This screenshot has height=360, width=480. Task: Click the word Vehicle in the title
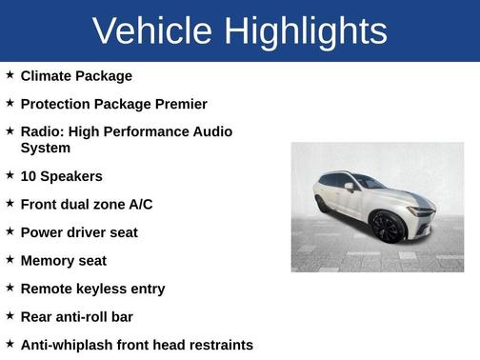pyautogui.click(x=152, y=31)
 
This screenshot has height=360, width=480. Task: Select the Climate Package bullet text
pyautogui.click(x=76, y=75)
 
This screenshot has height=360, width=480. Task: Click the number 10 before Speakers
pyautogui.click(x=29, y=176)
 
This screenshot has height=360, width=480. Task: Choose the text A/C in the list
pyautogui.click(x=140, y=204)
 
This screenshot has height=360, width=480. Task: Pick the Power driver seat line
pyautogui.click(x=79, y=232)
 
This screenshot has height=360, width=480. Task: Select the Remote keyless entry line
pyautogui.click(x=92, y=289)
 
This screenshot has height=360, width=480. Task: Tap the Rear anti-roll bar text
pyautogui.click(x=76, y=316)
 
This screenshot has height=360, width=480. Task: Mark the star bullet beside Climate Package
pyautogui.click(x=10, y=74)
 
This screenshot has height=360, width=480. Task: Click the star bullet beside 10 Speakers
pyautogui.click(x=10, y=175)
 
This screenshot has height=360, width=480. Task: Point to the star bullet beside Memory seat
pyautogui.click(x=10, y=259)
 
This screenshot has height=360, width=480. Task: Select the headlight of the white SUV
pyautogui.click(x=419, y=210)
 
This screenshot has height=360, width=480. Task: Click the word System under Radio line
pyautogui.click(x=45, y=148)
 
